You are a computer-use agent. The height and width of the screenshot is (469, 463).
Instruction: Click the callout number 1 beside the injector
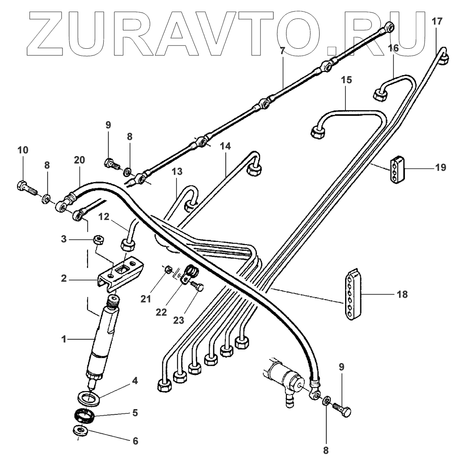point(64,339)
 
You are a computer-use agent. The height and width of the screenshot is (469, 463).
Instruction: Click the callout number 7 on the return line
point(282,51)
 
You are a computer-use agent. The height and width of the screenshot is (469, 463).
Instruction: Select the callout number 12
point(104,217)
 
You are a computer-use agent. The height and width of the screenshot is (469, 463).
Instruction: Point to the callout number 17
point(437,20)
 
